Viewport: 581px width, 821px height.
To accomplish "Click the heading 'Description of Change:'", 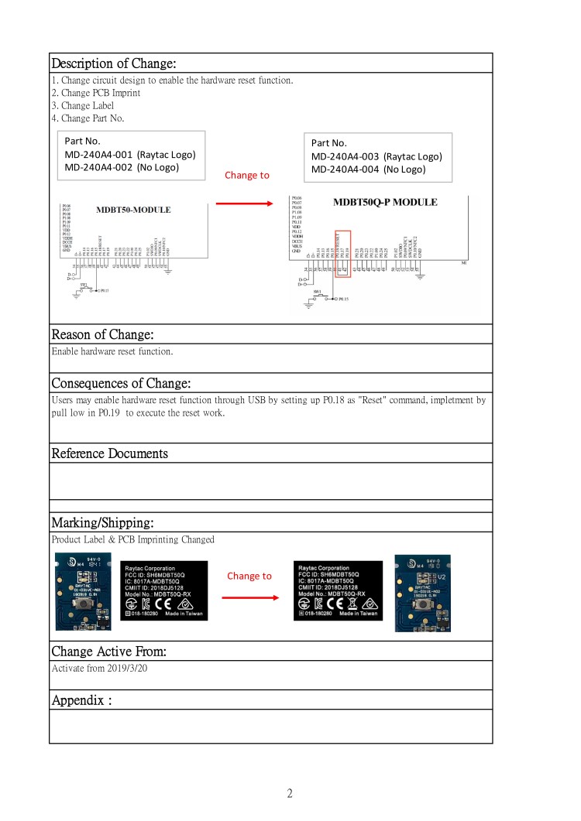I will pos(114,63).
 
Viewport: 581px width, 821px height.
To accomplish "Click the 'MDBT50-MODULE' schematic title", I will pos(133,210).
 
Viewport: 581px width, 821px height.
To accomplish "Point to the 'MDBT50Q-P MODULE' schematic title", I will pos(385,203).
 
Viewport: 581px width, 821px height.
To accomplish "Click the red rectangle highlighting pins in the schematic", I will pos(342,253).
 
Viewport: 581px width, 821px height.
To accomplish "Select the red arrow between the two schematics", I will pos(244,204).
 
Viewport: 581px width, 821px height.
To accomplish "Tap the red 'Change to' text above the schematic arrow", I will pos(247,175).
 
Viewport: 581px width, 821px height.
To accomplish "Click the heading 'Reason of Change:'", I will pos(102,335).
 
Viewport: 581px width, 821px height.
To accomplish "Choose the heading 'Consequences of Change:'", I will pos(121,383).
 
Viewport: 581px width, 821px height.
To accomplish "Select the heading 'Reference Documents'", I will pos(109,453).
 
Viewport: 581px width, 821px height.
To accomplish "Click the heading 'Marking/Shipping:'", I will pos(102,522).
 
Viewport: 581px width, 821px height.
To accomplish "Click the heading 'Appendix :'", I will pos(82,700).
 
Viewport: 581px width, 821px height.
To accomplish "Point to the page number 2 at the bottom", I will pos(290,793).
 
